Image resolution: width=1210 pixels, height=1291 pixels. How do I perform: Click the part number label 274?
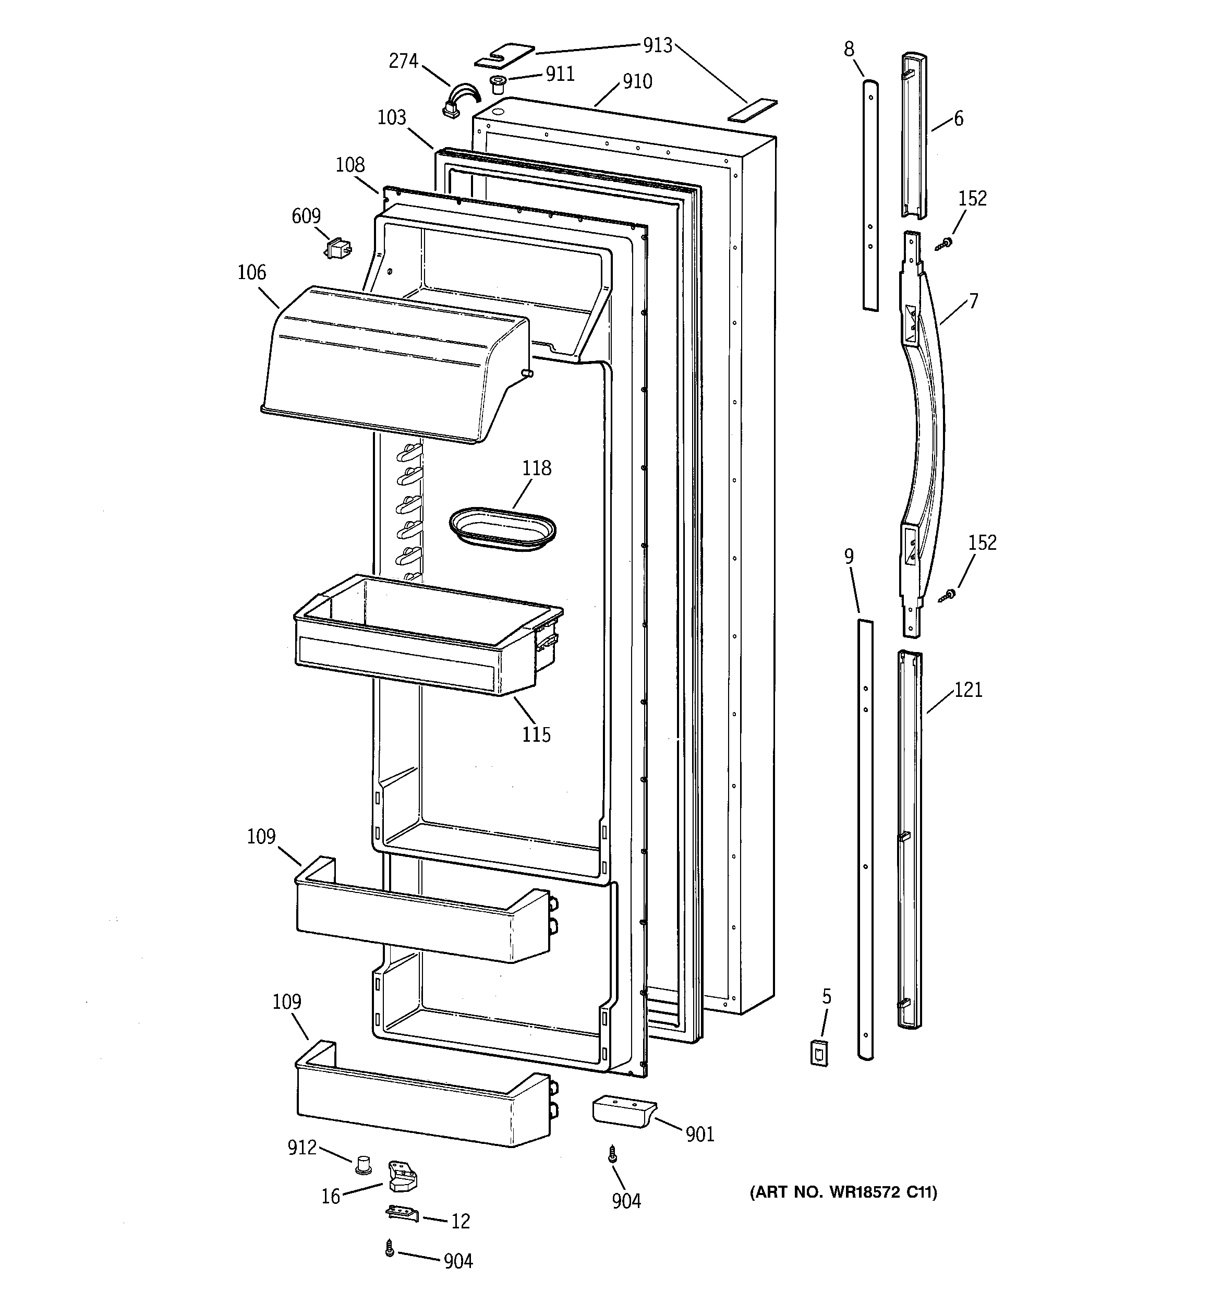403,61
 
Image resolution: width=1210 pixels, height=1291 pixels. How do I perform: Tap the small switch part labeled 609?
338,248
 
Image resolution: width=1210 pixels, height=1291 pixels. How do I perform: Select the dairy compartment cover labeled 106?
390,364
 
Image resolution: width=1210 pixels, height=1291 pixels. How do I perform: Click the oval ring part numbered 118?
502,529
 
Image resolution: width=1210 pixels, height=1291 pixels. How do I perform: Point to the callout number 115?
536,734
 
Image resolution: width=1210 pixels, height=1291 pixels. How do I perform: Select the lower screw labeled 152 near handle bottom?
949,594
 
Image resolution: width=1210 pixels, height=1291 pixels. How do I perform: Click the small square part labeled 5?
820,1053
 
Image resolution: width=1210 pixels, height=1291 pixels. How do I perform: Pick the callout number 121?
968,690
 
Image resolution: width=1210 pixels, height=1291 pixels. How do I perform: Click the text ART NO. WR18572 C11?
843,1192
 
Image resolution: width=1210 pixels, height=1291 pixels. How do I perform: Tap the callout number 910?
637,82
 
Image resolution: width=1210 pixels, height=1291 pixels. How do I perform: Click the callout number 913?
657,45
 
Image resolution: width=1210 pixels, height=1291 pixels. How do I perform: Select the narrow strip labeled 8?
870,195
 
